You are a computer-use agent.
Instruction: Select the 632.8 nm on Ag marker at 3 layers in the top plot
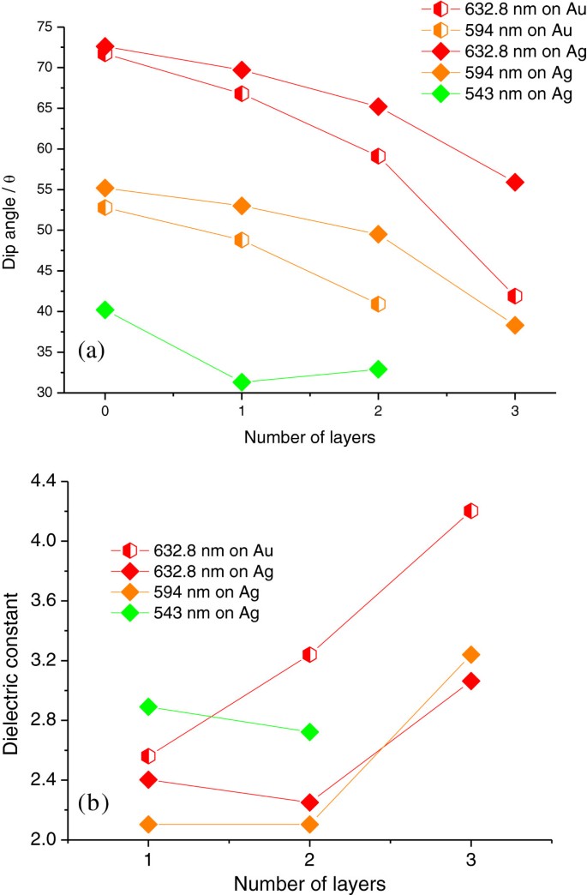(515, 182)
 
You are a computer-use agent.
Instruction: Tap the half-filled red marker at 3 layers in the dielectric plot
(470, 511)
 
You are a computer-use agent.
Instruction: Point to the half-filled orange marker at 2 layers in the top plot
(378, 303)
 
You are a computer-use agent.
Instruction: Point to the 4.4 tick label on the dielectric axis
(41, 482)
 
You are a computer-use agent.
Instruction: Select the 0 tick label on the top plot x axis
(105, 411)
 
